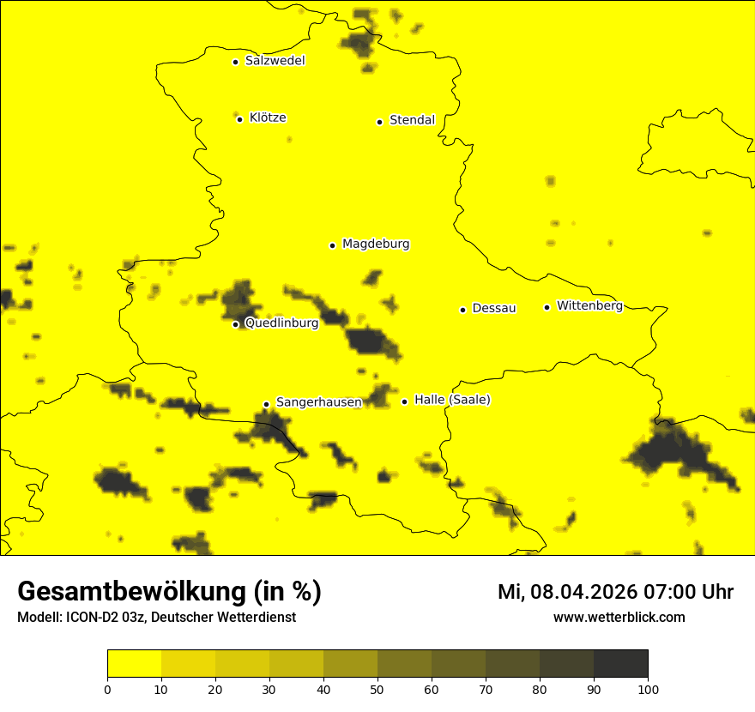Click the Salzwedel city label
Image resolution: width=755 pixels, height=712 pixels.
(x=275, y=61)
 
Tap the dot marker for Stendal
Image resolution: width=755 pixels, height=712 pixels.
(x=379, y=122)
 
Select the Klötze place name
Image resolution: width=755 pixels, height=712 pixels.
(x=268, y=118)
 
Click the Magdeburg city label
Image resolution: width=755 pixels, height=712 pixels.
(x=376, y=244)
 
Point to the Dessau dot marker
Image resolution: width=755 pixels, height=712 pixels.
(x=462, y=310)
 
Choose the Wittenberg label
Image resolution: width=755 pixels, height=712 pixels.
(x=589, y=305)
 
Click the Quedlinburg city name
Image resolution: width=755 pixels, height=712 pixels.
(x=281, y=323)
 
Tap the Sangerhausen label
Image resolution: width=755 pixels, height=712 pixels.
(x=318, y=402)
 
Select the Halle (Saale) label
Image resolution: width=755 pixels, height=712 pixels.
(x=452, y=400)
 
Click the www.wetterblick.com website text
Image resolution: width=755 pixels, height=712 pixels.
(x=619, y=618)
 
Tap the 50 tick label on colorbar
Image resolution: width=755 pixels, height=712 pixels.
(x=377, y=689)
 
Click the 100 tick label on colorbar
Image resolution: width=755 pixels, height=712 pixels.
(x=648, y=689)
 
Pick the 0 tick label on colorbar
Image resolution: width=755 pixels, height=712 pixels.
(x=107, y=689)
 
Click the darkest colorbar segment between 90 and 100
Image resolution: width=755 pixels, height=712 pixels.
(x=620, y=664)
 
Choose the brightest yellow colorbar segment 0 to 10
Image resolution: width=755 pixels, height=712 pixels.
(x=135, y=664)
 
